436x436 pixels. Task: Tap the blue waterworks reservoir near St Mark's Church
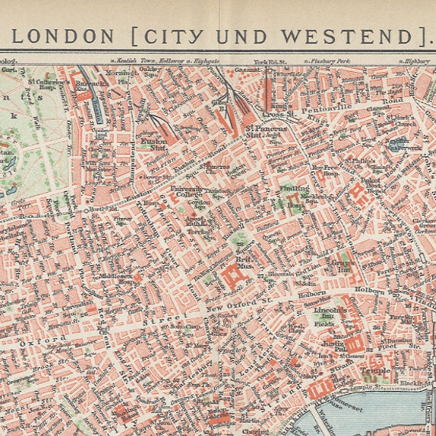[395, 144]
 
